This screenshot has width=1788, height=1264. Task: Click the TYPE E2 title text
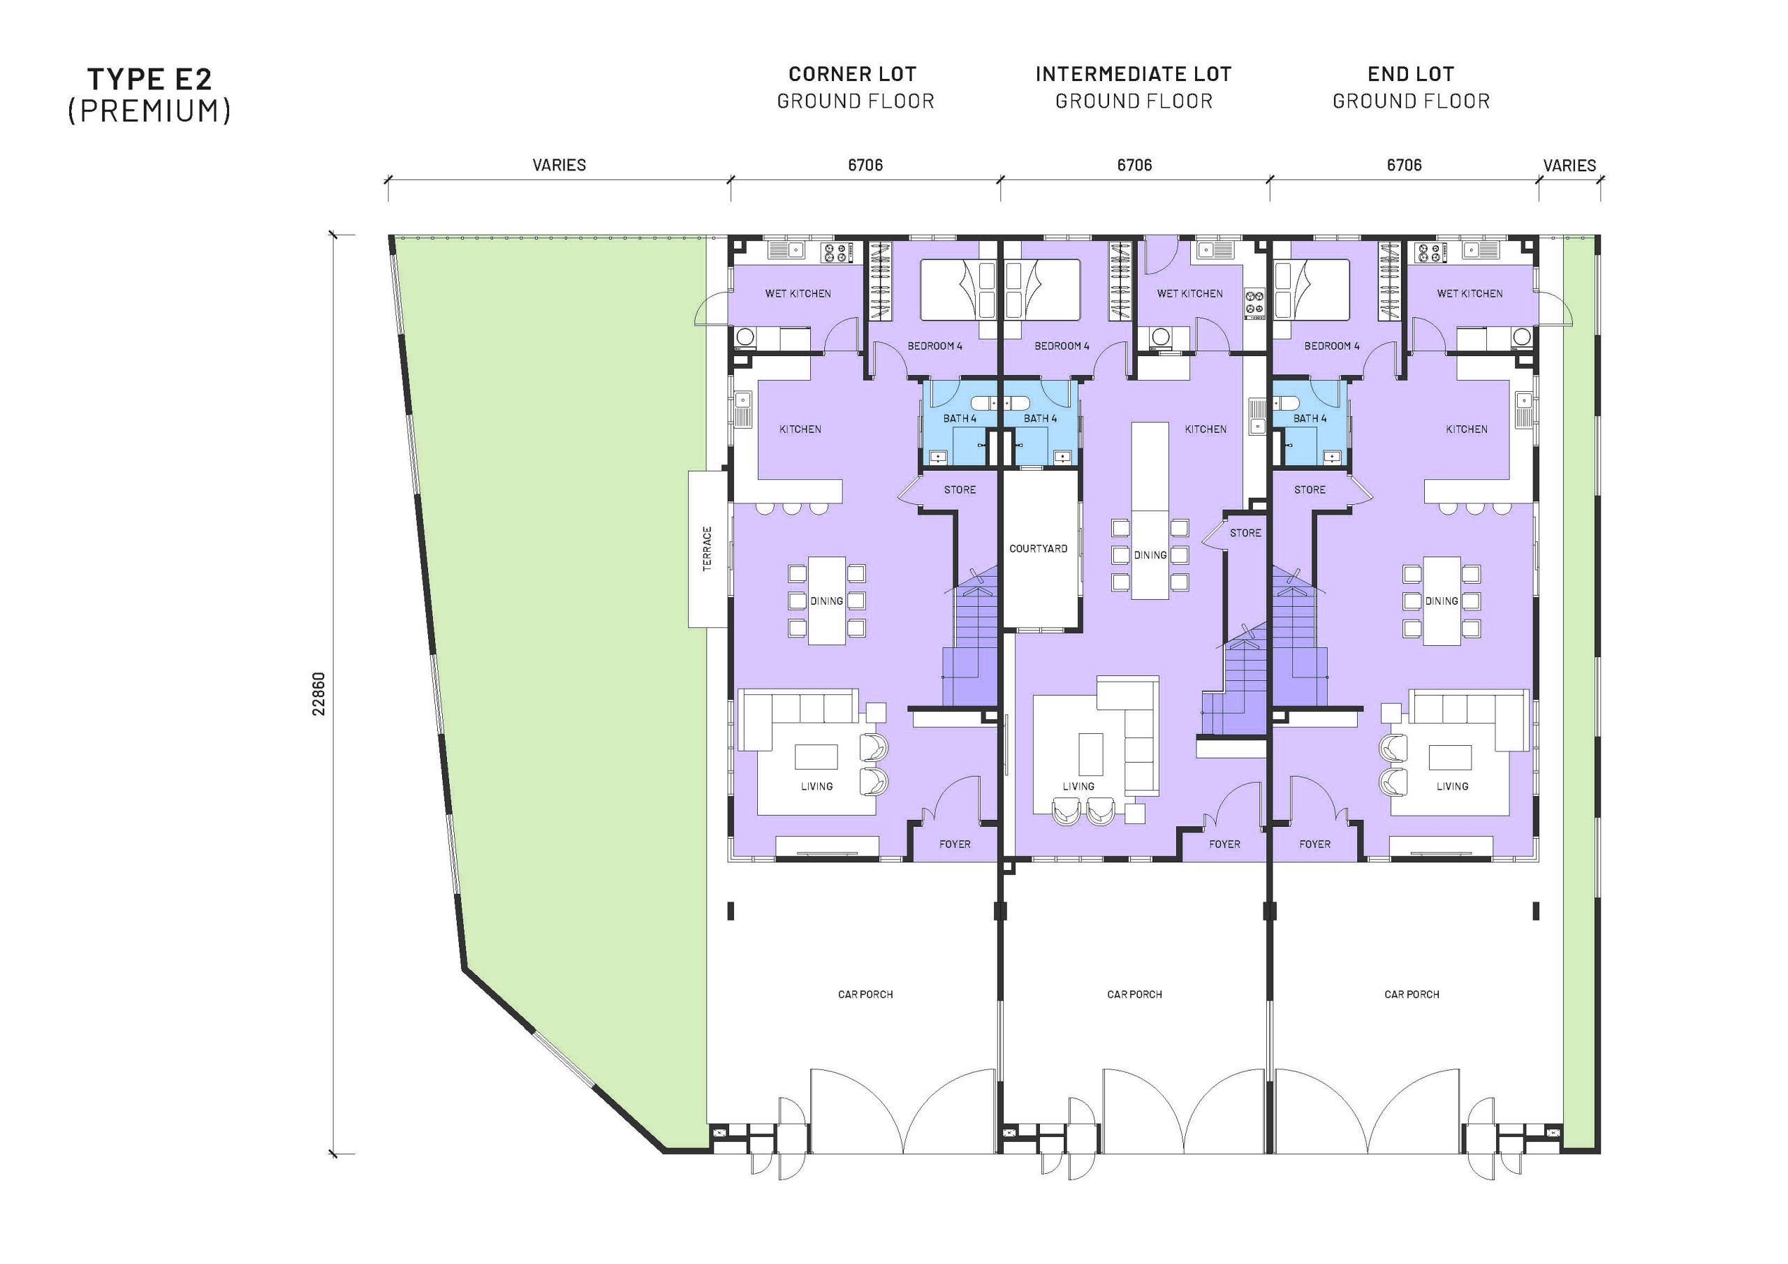pos(149,79)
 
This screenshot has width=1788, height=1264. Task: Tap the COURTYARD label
pos(1038,548)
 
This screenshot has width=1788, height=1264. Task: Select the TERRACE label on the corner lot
pos(707,548)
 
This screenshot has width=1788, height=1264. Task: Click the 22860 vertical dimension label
pos(318,694)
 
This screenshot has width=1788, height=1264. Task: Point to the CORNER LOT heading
pos(852,74)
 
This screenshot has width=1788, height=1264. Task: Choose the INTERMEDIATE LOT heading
pos(1133,74)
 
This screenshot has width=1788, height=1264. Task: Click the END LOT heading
pos(1410,74)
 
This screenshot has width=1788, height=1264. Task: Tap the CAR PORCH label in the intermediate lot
pos(1134,994)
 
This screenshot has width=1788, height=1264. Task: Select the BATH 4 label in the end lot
pos(1309,418)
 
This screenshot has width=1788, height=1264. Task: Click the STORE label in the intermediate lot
pos(1245,533)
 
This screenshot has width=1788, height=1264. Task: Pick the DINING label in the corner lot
pos(826,601)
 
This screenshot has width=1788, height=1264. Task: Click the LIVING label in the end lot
pos(1451,786)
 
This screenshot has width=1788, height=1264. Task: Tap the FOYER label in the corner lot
pos(954,844)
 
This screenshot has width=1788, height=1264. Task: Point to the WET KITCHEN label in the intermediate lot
pos(1189,293)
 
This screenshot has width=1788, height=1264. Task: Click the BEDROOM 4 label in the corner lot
pos(935,346)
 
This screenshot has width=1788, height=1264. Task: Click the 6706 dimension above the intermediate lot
pos(1134,165)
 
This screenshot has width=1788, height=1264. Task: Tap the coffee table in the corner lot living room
pos(815,756)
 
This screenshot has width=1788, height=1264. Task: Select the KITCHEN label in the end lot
pos(1467,429)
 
